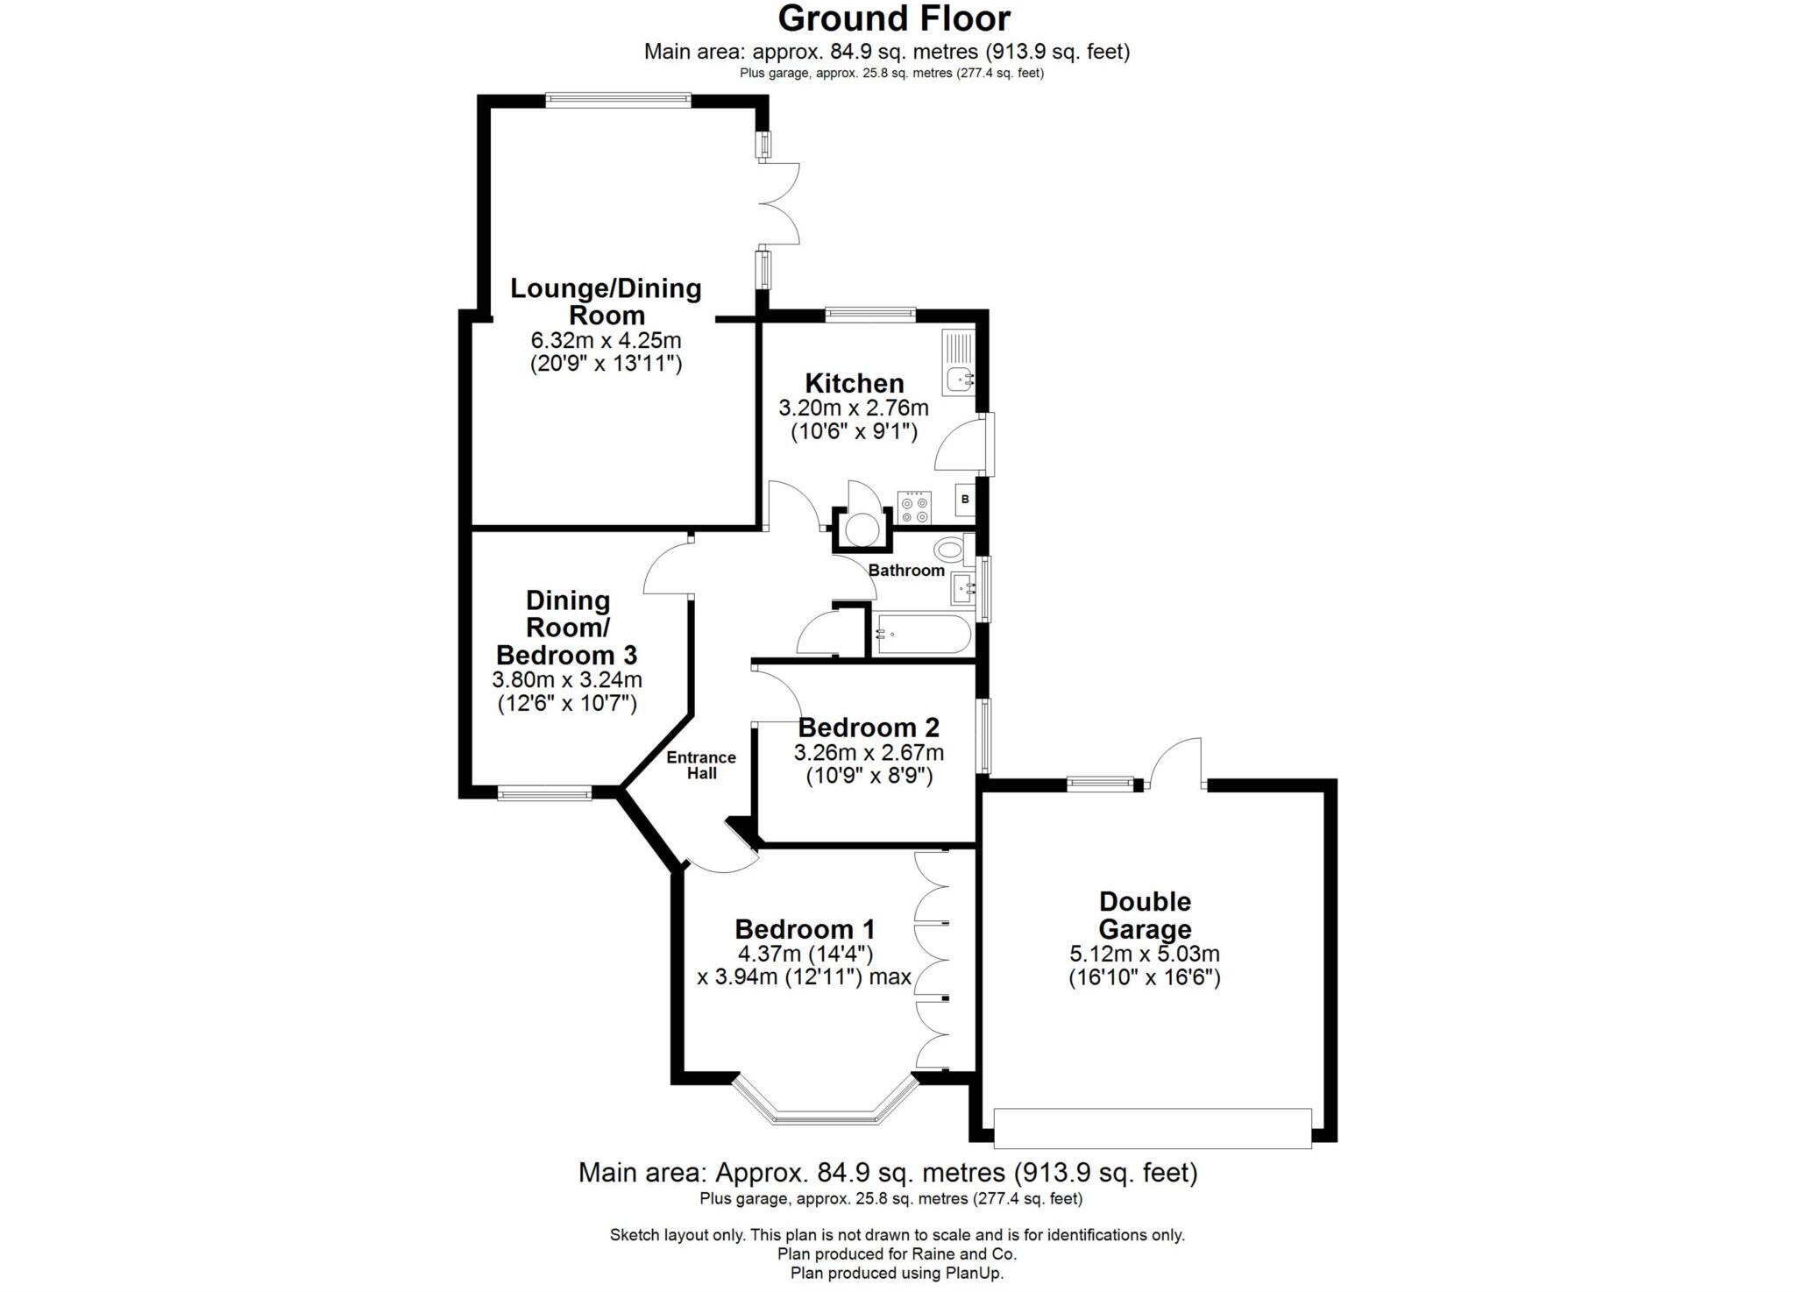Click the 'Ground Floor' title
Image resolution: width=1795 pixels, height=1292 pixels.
point(894,18)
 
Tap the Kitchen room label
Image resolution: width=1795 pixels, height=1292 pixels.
point(855,383)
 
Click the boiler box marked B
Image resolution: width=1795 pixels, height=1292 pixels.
point(965,499)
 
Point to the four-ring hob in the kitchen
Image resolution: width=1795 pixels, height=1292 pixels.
point(914,508)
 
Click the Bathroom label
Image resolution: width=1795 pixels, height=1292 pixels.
point(906,571)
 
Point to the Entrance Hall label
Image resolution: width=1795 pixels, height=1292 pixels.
point(701,765)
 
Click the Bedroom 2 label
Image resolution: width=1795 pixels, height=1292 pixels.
point(869,728)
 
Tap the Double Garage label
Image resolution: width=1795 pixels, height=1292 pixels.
point(1145,915)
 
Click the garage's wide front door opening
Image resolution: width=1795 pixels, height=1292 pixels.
point(1153,1128)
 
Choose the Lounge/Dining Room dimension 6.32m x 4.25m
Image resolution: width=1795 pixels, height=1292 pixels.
point(606,340)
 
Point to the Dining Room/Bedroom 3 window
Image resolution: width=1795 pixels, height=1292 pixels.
point(545,793)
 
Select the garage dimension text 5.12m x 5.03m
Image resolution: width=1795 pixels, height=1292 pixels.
point(1145,955)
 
